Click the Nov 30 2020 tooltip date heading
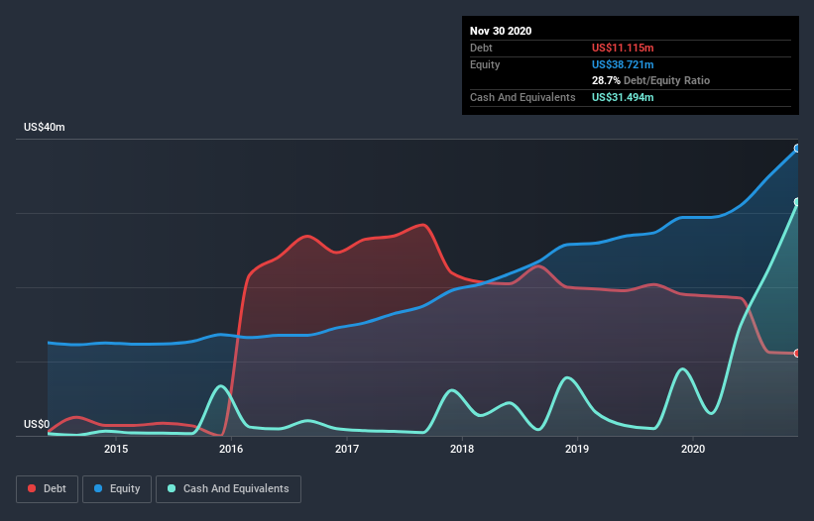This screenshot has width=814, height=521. click(501, 31)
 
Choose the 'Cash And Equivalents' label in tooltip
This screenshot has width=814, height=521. click(523, 97)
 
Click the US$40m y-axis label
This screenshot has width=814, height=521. click(44, 128)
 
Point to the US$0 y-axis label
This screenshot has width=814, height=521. click(36, 424)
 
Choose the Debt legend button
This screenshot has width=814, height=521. click(47, 488)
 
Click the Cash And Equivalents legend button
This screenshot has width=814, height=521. click(227, 488)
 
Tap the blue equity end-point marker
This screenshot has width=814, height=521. click(797, 149)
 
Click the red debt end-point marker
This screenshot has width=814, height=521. click(797, 353)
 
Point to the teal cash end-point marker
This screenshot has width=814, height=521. click(797, 202)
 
